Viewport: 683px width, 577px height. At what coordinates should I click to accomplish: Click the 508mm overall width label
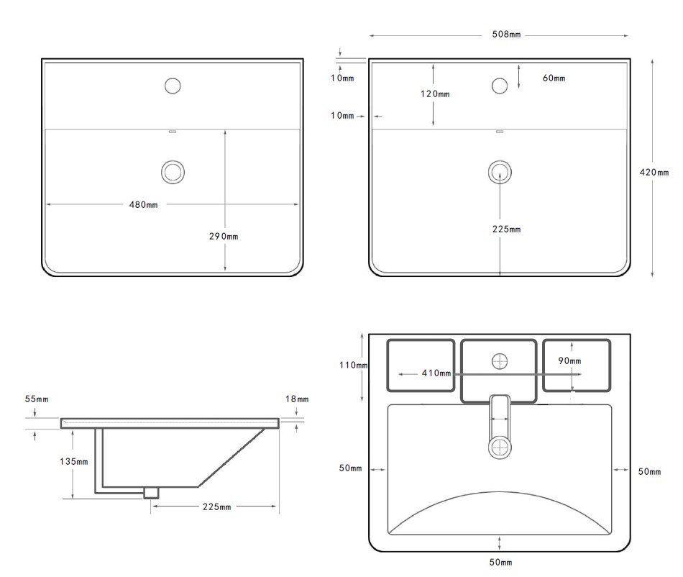[x=507, y=35]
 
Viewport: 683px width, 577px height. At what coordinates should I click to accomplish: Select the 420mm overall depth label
[x=654, y=172]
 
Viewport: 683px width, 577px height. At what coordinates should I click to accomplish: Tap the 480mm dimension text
[x=143, y=204]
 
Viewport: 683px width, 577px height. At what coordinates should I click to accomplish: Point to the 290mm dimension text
[x=224, y=236]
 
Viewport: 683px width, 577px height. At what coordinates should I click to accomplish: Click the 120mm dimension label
[x=436, y=94]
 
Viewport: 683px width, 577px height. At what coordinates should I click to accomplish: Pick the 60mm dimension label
[x=554, y=78]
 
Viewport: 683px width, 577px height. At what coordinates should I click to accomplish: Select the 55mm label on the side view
[x=36, y=399]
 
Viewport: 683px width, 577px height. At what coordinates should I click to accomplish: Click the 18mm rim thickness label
[x=297, y=399]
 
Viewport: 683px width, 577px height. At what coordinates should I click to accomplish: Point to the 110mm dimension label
[x=354, y=365]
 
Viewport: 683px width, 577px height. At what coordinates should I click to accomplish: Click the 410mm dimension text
[x=436, y=373]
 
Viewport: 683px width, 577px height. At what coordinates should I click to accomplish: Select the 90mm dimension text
[x=569, y=360]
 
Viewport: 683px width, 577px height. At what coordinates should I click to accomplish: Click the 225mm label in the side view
[x=216, y=507]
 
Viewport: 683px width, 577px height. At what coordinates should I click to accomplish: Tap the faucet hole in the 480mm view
[x=173, y=86]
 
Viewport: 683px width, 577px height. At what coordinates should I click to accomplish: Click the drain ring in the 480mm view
[x=173, y=171]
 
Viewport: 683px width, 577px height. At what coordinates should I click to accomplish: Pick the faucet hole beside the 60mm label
[x=500, y=86]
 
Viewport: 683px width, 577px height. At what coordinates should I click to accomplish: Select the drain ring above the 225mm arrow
[x=500, y=171]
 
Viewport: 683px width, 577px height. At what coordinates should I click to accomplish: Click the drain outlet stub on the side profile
[x=151, y=493]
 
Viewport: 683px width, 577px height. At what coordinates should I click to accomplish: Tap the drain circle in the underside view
[x=500, y=447]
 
